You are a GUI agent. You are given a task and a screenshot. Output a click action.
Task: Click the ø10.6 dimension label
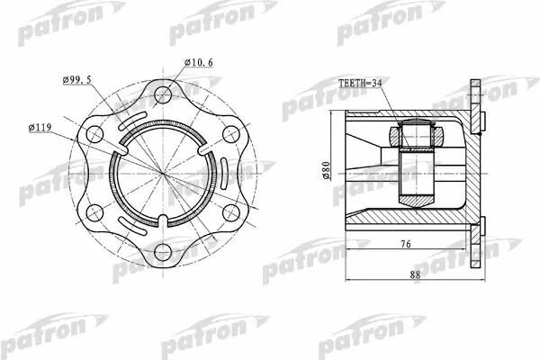198,62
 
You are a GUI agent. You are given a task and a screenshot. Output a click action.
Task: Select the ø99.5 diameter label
77,80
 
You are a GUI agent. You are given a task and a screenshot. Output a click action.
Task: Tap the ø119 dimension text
40,128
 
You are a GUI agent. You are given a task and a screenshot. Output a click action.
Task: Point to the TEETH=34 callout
360,84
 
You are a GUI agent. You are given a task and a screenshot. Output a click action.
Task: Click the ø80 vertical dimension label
326,170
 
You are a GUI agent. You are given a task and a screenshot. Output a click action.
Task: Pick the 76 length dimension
406,244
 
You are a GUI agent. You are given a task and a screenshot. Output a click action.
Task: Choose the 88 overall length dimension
415,274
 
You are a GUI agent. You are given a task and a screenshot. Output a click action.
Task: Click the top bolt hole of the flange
163,94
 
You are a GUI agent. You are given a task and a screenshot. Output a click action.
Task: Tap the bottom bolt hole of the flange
163,252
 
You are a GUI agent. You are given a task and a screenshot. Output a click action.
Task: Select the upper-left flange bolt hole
94,134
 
